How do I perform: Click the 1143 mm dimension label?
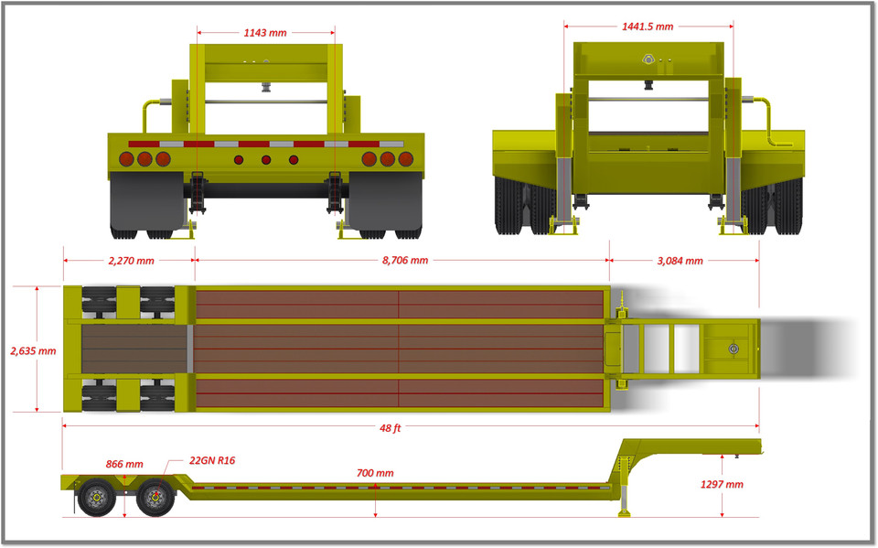pyautogui.click(x=265, y=32)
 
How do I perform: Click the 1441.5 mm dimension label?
pyautogui.click(x=648, y=27)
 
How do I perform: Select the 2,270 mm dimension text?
pyautogui.click(x=127, y=261)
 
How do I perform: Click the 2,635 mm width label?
pyautogui.click(x=33, y=350)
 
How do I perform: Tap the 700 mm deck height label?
pyautogui.click(x=375, y=473)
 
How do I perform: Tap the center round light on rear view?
pyautogui.click(x=266, y=160)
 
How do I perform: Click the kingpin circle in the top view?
pyautogui.click(x=733, y=349)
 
